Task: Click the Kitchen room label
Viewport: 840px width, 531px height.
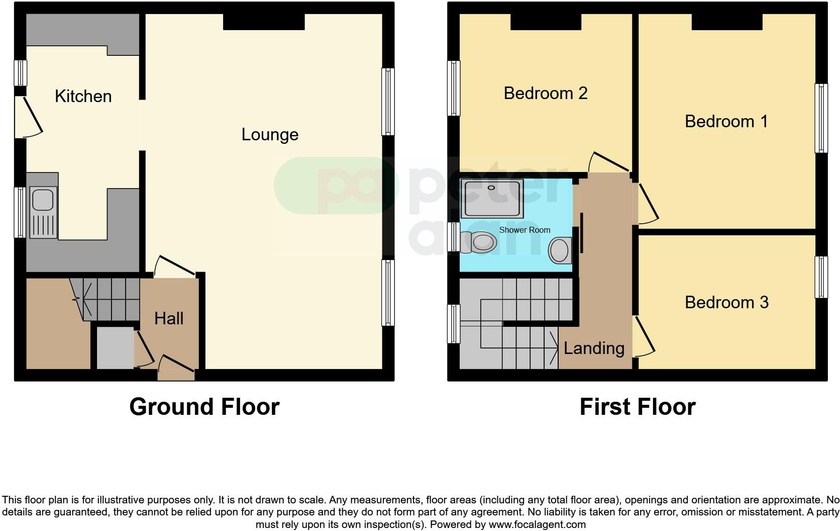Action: (83, 97)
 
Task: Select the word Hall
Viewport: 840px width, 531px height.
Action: (169, 319)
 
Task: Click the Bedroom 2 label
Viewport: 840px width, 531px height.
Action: (545, 93)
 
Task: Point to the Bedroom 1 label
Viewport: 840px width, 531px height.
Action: (726, 121)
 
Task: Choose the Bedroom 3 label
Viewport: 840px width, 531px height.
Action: (727, 303)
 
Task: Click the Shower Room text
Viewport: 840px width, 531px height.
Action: (524, 230)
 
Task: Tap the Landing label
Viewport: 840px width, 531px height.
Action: (594, 348)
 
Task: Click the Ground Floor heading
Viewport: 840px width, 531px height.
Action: (204, 407)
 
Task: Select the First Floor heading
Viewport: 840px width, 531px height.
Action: (638, 407)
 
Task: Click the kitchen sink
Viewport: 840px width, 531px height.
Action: (43, 212)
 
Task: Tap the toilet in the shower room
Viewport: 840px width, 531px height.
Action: (478, 242)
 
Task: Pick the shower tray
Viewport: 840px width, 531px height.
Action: (492, 199)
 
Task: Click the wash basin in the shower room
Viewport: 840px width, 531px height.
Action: (560, 250)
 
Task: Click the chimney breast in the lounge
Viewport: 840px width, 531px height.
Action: (264, 22)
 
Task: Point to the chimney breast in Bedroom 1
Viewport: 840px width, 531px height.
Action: (727, 22)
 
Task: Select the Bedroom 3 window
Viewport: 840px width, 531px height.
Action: (821, 278)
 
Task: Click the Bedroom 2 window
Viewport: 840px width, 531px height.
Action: (454, 88)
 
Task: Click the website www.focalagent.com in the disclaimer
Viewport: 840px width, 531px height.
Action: (538, 524)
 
